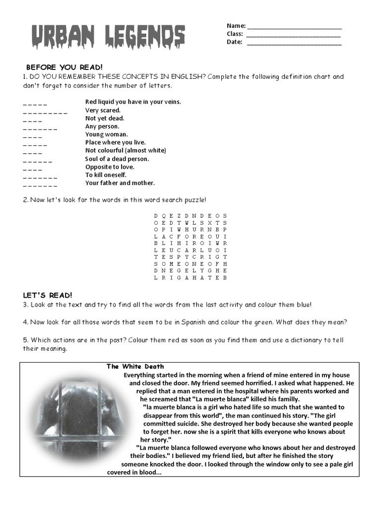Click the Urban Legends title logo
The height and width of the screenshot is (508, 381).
click(108, 37)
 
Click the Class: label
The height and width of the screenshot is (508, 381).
click(235, 34)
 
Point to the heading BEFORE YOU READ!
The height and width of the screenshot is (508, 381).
click(64, 67)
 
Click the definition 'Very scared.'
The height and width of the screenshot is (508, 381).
click(103, 110)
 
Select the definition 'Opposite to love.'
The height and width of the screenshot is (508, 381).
click(110, 167)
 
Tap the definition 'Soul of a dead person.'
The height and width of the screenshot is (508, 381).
click(117, 159)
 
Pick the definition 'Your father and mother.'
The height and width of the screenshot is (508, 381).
click(120, 183)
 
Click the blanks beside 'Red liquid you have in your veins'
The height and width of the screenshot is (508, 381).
click(35, 104)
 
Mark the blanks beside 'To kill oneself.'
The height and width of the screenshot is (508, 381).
click(40, 177)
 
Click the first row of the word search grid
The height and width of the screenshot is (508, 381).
click(190, 216)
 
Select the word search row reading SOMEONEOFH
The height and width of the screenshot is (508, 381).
click(190, 264)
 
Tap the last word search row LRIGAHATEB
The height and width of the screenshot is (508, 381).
click(190, 278)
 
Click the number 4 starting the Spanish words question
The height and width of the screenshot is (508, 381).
click(25, 322)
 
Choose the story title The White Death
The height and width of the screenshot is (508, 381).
click(135, 367)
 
